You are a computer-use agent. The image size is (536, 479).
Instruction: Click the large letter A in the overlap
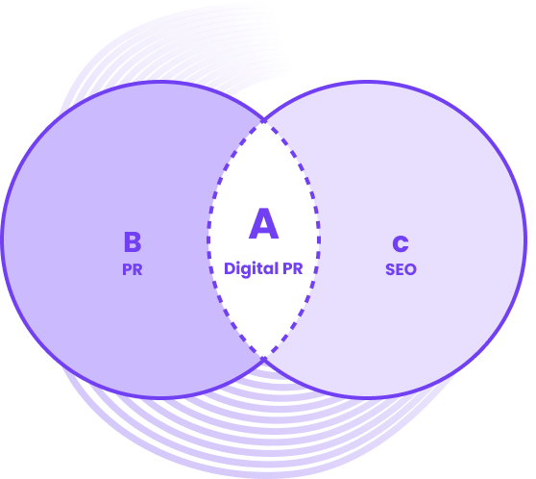(263, 223)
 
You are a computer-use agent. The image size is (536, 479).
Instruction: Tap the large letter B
(133, 242)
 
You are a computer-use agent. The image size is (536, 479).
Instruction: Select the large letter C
(401, 243)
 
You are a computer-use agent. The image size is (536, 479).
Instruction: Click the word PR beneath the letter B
(133, 269)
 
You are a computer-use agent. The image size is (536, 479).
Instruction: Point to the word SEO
(401, 269)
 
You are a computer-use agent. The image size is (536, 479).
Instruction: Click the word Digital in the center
(251, 269)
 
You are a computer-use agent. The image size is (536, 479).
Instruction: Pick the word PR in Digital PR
(293, 268)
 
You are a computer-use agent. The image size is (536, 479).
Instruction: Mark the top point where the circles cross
(264, 120)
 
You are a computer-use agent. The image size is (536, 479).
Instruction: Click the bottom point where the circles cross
(264, 359)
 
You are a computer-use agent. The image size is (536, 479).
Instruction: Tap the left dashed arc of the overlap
(208, 239)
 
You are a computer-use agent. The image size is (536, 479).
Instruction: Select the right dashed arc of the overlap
(319, 239)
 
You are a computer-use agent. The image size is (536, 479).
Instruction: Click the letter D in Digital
(229, 268)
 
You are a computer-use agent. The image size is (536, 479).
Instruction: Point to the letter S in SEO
(390, 269)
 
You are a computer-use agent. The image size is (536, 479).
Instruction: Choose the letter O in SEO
(410, 269)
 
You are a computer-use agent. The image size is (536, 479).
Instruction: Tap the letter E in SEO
(400, 269)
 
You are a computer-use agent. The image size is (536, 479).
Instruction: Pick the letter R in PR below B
(137, 269)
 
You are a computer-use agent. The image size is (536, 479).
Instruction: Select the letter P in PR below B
(127, 269)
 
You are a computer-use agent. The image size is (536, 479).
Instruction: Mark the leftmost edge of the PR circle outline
(2, 239)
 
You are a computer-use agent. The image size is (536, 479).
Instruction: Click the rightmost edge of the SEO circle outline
(525, 239)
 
